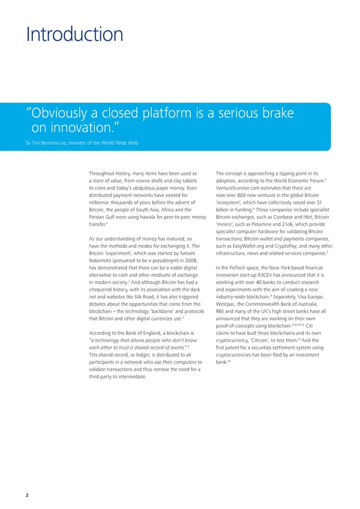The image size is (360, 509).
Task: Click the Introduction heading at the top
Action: pos(74,34)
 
